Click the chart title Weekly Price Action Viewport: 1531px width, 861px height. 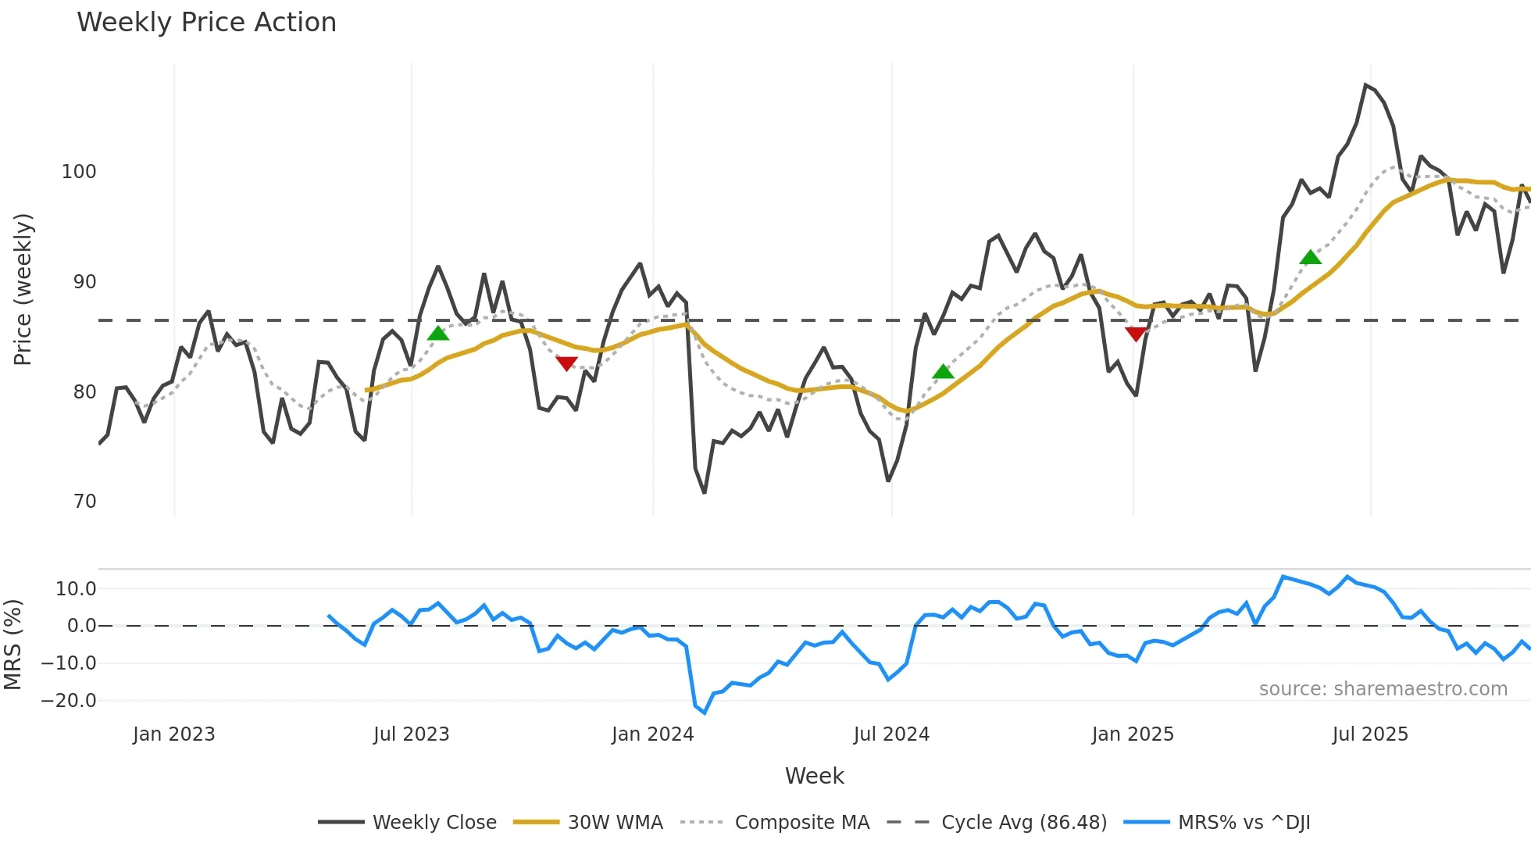click(206, 23)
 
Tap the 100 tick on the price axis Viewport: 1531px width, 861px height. click(79, 172)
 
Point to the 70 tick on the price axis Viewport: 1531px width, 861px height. click(84, 502)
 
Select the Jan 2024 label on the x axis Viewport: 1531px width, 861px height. click(652, 734)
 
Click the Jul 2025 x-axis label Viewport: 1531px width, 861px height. click(1369, 734)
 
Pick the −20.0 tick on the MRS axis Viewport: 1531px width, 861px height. click(69, 701)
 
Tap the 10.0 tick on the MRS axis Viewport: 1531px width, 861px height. click(76, 589)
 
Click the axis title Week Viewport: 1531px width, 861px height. click(814, 776)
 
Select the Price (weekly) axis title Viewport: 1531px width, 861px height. click(23, 289)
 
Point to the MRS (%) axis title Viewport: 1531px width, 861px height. click(12, 645)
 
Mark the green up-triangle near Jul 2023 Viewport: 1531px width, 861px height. click(438, 334)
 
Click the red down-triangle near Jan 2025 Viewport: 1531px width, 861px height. click(1136, 334)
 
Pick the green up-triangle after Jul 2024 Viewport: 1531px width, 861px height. click(943, 372)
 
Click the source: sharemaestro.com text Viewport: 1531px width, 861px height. click(1383, 689)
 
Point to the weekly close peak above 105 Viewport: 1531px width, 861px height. click(1365, 85)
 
